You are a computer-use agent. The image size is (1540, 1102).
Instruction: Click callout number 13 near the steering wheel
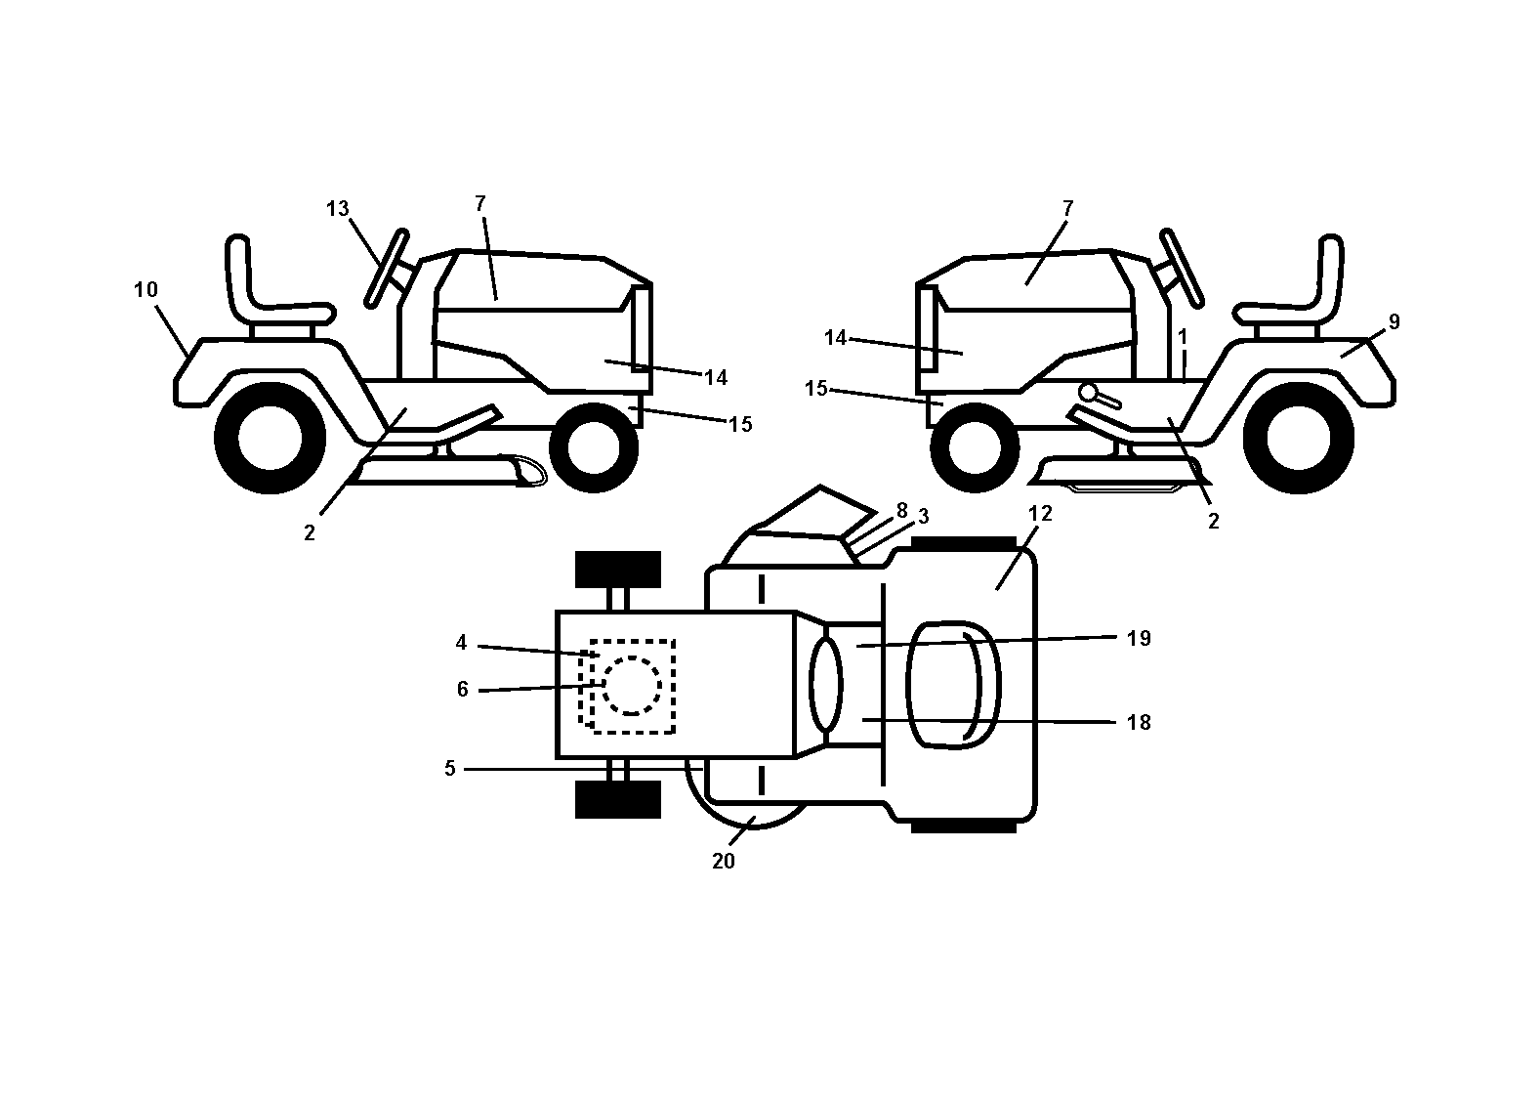click(338, 208)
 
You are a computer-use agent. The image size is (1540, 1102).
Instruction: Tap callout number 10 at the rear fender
click(146, 289)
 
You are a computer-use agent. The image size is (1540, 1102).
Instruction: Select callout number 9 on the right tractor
click(1394, 322)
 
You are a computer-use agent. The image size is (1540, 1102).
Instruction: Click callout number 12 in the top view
click(1040, 513)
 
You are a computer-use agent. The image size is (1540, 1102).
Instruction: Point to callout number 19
click(1139, 638)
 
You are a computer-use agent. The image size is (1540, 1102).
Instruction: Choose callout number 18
click(1139, 722)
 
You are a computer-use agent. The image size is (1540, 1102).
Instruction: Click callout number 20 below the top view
click(724, 862)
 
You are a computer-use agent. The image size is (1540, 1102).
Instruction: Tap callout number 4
click(461, 643)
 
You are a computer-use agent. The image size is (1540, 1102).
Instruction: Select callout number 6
click(462, 690)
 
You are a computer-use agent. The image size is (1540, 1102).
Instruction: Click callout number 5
click(449, 769)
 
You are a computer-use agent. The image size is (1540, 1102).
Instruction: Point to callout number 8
click(901, 510)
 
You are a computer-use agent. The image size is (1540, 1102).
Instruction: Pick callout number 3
click(923, 517)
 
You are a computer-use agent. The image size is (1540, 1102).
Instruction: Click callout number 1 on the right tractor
click(1183, 337)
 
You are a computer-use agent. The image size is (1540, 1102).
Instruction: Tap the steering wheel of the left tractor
click(387, 269)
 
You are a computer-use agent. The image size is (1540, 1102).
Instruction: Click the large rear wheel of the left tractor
click(271, 439)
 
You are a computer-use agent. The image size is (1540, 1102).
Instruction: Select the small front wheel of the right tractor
click(975, 447)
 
